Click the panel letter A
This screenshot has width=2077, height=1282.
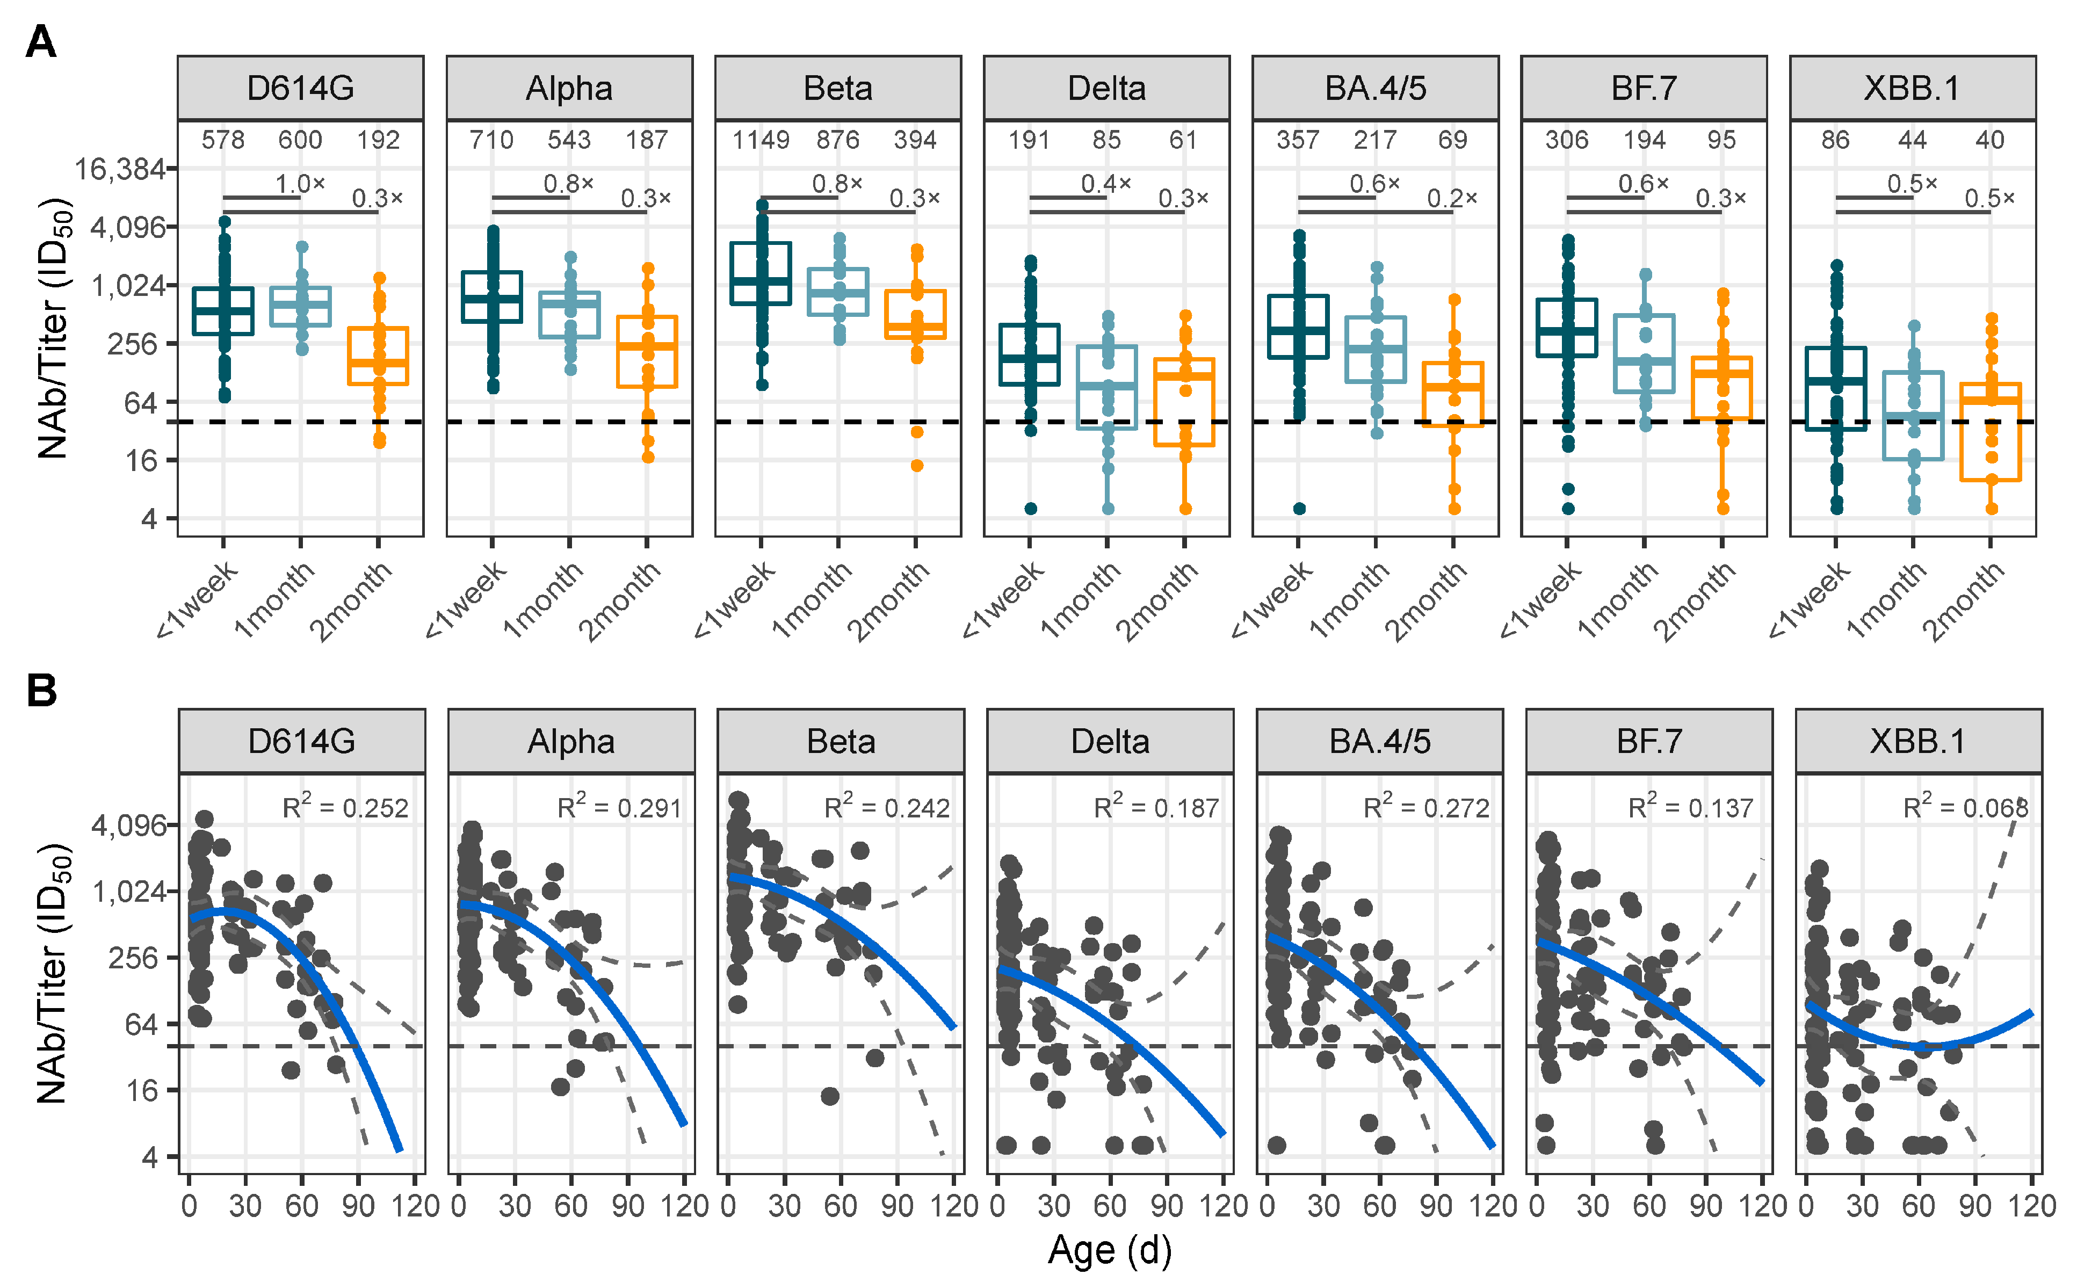[x=41, y=41]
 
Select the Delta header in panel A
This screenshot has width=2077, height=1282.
[x=1106, y=88]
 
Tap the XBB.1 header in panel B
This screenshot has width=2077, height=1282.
[x=1917, y=741]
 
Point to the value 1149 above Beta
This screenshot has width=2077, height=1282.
[x=761, y=140]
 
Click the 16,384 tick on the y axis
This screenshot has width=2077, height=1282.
[x=120, y=170]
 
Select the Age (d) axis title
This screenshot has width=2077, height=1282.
[x=1109, y=1250]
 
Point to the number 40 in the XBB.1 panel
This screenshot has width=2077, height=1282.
[x=1989, y=140]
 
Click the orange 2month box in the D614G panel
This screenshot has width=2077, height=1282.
[x=378, y=356]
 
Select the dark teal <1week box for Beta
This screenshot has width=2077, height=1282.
[x=761, y=273]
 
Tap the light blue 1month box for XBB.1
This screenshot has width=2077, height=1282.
[x=1913, y=416]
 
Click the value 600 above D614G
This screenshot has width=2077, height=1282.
[x=300, y=140]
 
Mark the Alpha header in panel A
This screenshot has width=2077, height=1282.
[x=569, y=88]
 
